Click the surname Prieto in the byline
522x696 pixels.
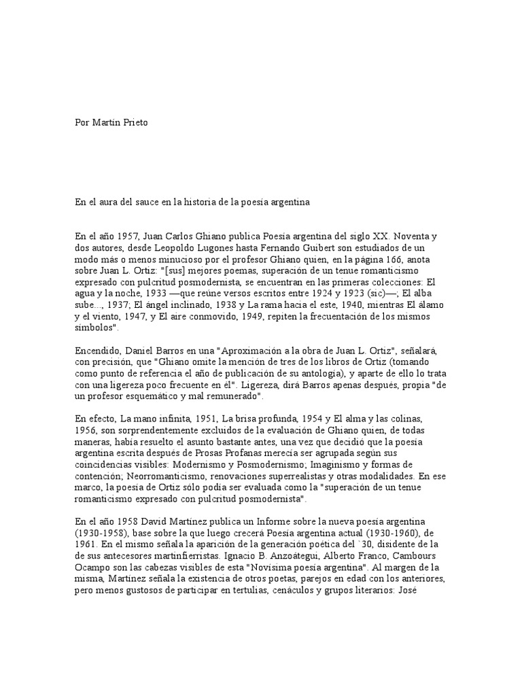click(130, 122)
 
